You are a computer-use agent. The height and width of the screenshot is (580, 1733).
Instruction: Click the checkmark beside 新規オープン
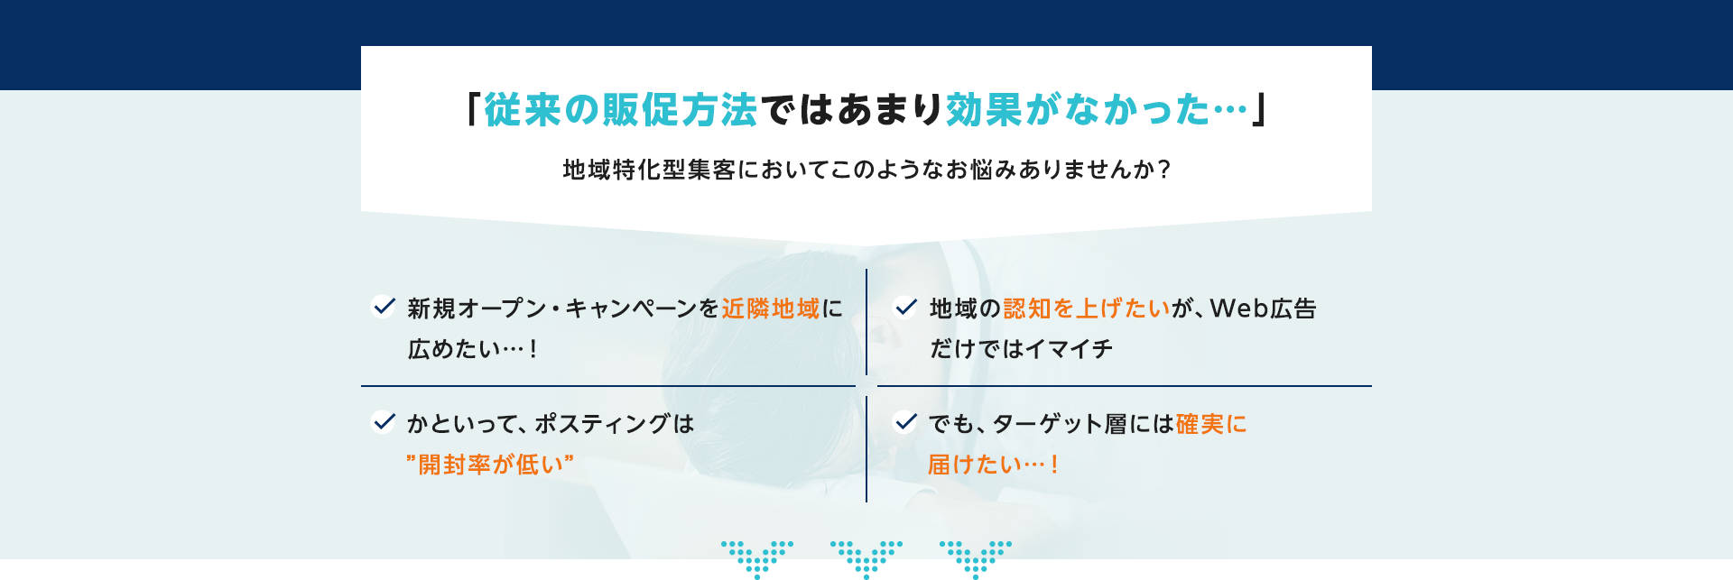point(384,307)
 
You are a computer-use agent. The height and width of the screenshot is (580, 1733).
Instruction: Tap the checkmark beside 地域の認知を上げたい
point(905,307)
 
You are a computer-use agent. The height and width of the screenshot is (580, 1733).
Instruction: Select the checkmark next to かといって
point(384,421)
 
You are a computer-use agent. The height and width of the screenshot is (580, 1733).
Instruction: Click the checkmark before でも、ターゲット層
point(905,421)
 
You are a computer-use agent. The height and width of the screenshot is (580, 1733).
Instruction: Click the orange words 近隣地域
point(770,308)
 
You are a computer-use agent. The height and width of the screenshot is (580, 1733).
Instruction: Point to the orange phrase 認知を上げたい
point(1087,308)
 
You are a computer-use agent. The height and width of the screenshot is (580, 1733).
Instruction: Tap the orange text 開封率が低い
point(490,465)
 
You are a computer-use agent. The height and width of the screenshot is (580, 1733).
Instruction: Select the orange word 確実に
point(1210,424)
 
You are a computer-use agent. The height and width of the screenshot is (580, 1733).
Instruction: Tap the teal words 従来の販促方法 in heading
point(620,110)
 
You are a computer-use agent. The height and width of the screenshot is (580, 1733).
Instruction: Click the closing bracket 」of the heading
point(1260,110)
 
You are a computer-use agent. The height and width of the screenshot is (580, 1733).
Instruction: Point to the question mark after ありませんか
point(1163,170)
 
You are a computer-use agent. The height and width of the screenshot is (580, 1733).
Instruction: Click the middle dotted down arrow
point(866,557)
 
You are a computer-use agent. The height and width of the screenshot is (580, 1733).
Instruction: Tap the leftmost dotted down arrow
point(756,557)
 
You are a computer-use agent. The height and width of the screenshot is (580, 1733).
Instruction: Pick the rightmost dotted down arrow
point(975,557)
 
